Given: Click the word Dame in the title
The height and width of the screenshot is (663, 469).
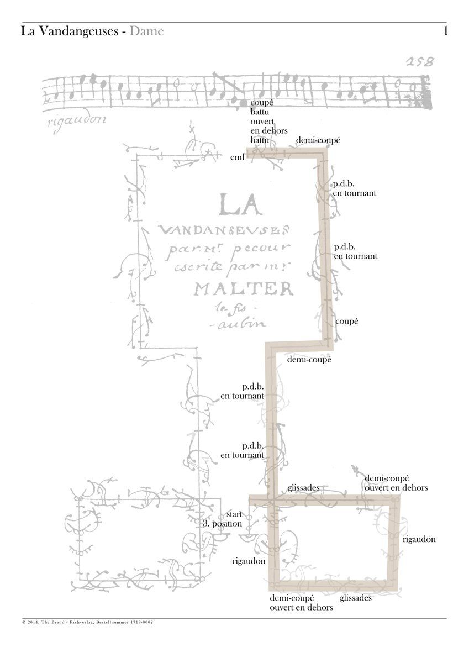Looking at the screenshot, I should coord(147,31).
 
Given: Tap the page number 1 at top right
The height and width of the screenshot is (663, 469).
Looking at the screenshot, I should coord(445,31).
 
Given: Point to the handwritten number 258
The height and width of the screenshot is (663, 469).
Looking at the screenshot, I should coord(418,61).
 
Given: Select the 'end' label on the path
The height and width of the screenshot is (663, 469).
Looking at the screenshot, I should coord(238,157).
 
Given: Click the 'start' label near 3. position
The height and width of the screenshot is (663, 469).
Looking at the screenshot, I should coord(234,514).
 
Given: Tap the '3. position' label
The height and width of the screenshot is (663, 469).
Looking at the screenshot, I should coord(223,523).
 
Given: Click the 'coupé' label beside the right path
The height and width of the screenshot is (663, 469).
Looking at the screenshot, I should coord(347,321).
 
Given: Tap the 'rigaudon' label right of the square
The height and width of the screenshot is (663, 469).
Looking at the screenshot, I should coord(419,539).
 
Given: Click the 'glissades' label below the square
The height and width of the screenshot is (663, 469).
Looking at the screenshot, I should coord(356,598).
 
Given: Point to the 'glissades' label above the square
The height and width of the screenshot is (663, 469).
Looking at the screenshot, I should coord(303,488).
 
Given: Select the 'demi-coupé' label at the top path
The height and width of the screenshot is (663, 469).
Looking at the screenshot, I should coord(318,141).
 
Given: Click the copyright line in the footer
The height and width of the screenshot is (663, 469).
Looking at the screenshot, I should coord(88,622).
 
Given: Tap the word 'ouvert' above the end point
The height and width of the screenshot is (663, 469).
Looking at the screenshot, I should coord(262,122).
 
